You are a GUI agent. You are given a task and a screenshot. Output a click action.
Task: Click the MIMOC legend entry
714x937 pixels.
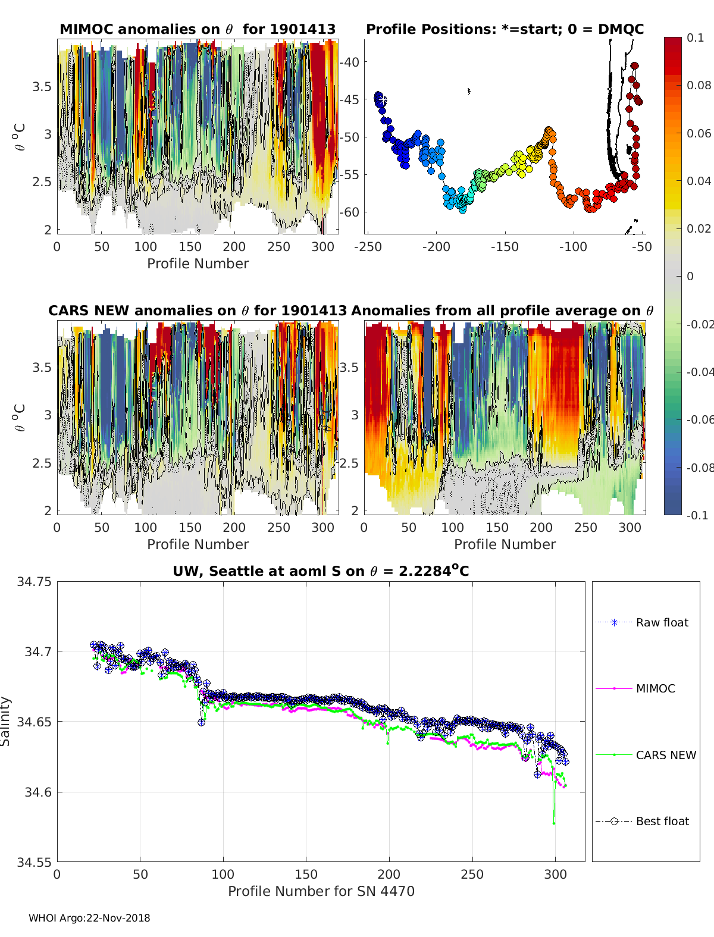(655, 688)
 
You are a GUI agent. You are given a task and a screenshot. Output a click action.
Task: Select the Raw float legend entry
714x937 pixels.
(662, 622)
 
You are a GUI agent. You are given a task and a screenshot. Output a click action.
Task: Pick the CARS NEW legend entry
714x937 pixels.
(665, 755)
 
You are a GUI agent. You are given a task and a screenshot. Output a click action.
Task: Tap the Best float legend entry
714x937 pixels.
(662, 821)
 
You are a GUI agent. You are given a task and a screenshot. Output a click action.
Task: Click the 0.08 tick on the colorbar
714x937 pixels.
(699, 85)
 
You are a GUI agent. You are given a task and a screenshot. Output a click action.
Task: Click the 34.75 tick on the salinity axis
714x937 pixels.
(35, 582)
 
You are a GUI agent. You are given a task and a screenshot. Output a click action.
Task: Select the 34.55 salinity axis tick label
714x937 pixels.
(35, 861)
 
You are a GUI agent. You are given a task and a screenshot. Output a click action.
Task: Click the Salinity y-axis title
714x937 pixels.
(6, 721)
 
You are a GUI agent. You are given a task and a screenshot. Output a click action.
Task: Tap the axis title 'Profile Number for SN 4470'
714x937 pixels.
(321, 891)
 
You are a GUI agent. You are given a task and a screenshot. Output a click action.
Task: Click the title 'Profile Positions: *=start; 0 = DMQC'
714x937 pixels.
(505, 29)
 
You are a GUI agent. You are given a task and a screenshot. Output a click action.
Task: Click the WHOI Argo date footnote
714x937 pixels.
(89, 918)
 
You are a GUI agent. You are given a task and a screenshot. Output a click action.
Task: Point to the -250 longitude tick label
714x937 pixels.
(368, 247)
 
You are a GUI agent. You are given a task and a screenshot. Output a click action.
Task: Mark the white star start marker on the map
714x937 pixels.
(382, 100)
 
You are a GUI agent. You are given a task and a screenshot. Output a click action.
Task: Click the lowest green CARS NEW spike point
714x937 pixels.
(554, 823)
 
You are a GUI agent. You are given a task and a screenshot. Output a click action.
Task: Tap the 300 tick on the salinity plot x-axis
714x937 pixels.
(555, 874)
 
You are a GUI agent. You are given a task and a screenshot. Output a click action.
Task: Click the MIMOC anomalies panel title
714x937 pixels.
(198, 29)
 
